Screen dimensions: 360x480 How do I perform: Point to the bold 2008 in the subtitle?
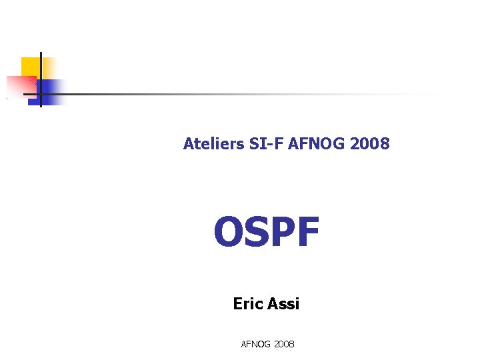(x=370, y=143)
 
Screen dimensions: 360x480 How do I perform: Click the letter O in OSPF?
(x=226, y=233)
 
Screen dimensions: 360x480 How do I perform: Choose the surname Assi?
(x=282, y=304)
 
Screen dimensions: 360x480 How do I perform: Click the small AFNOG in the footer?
(x=255, y=344)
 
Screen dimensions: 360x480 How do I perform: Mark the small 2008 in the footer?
(x=283, y=344)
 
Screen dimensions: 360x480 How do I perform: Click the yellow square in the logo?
(x=30, y=67)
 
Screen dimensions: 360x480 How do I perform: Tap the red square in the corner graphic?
(x=20, y=85)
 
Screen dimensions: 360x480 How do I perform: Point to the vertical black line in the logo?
(x=41, y=73)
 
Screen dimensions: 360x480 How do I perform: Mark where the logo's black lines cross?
(x=41, y=94)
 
